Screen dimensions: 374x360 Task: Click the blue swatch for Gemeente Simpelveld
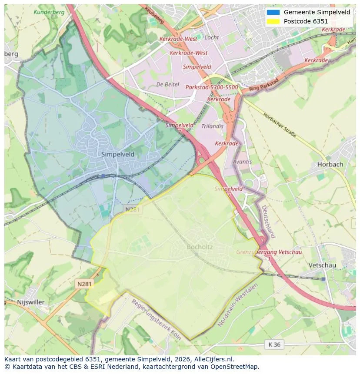click(273, 12)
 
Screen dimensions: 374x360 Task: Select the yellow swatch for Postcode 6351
click(273, 21)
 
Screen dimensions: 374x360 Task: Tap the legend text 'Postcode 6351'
click(306, 21)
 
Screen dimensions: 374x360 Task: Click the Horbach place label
click(330, 164)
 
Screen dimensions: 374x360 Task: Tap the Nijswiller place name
click(31, 302)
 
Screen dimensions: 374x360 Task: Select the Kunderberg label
click(49, 12)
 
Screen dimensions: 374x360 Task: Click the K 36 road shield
click(274, 344)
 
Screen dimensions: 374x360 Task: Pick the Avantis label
click(242, 162)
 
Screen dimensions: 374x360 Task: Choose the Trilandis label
click(213, 126)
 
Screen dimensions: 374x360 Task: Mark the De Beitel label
click(167, 84)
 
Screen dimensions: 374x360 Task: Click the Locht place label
click(212, 37)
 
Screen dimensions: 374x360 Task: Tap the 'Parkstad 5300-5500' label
click(212, 87)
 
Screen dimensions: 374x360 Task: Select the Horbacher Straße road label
click(280, 125)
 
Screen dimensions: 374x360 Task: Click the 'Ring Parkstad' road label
click(264, 86)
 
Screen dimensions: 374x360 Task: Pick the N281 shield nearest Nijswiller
click(85, 284)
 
